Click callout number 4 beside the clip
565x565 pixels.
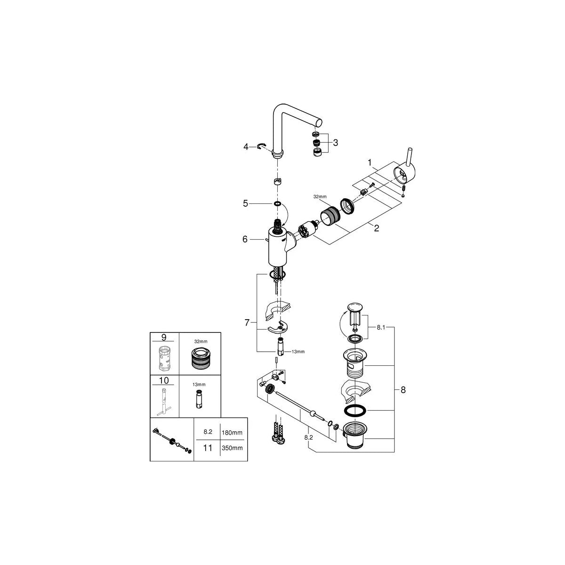tap(246, 146)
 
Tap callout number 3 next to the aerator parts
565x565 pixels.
tap(335, 143)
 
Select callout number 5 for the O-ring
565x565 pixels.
tap(245, 203)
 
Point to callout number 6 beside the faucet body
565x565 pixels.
tap(245, 239)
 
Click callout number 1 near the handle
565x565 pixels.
tap(370, 162)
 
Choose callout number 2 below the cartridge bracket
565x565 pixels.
tap(377, 228)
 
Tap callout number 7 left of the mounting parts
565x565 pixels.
tap(247, 323)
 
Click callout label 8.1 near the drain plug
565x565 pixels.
tap(381, 328)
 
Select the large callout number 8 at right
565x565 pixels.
tap(403, 390)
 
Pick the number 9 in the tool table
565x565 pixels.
tap(164, 338)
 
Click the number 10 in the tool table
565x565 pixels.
tap(164, 380)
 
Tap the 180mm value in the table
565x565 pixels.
tap(232, 433)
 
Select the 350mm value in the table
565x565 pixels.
tap(232, 448)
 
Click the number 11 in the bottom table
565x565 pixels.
tap(208, 448)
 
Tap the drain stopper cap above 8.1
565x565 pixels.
tap(355, 307)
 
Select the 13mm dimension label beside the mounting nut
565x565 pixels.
tap(298, 352)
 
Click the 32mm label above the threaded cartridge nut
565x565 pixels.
tap(320, 197)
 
